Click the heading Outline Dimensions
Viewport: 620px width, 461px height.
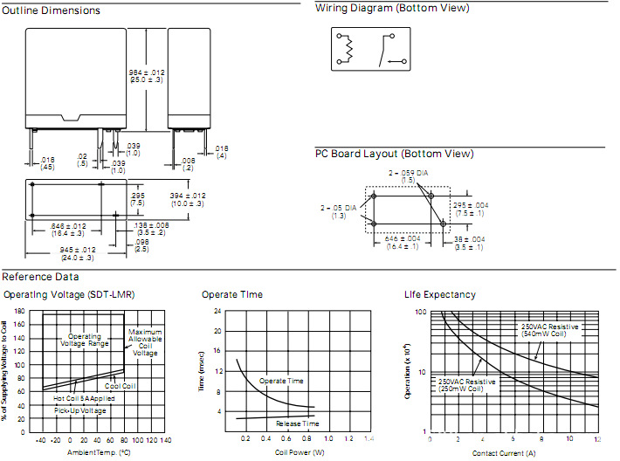[x=52, y=10]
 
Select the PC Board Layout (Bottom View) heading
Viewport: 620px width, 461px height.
[x=395, y=154]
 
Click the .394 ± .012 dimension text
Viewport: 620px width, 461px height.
[x=187, y=199]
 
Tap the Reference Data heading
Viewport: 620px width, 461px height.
[x=38, y=276]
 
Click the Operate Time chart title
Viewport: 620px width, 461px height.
[x=232, y=294]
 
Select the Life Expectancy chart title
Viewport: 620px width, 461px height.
[x=440, y=294]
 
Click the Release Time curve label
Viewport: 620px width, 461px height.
[x=298, y=423]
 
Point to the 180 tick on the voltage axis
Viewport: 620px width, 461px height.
[x=18, y=312]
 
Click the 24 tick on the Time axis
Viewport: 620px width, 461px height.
[x=217, y=312]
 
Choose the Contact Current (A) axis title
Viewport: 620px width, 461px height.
[x=503, y=453]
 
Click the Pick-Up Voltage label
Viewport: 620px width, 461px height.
[x=80, y=410]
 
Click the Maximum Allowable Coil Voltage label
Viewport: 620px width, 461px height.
[x=145, y=342]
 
